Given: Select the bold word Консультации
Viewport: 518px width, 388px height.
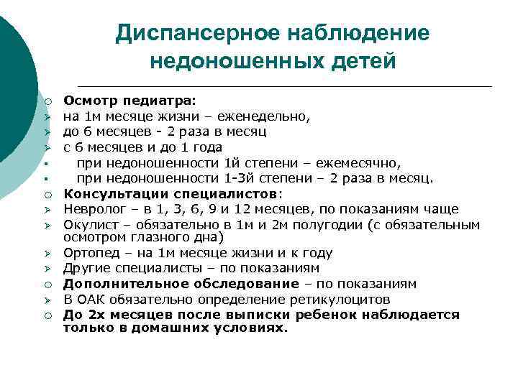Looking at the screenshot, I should pos(108,194).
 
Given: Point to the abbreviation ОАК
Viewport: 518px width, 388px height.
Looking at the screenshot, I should pos(91,300).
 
